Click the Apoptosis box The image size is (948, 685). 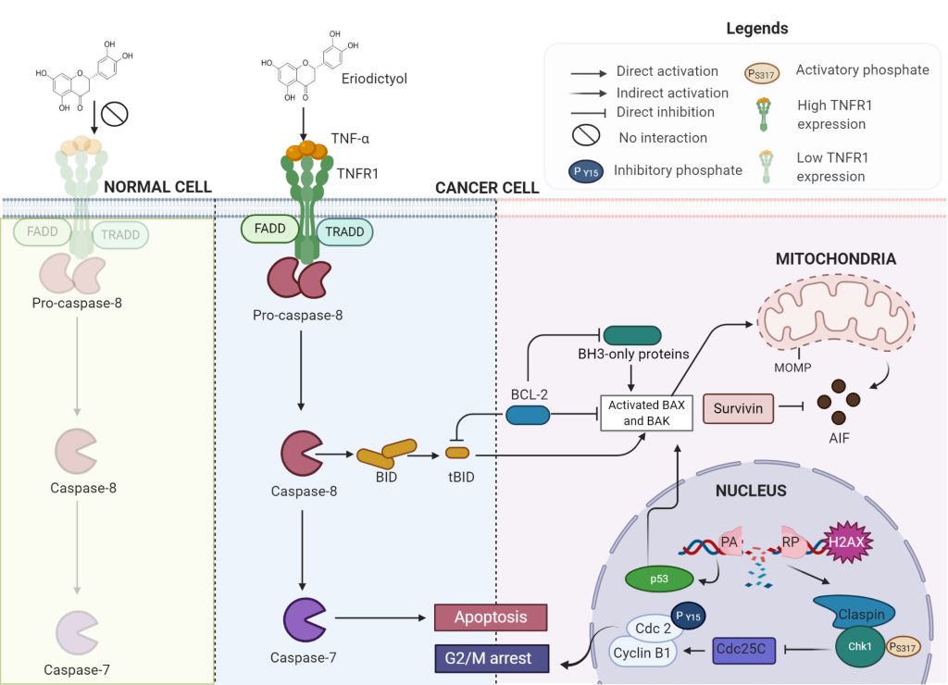point(490,617)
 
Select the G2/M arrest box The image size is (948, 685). point(490,659)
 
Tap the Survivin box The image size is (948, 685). point(739,407)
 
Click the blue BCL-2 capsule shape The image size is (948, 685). point(529,415)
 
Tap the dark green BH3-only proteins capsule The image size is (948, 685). point(631,336)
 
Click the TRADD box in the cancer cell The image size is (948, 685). point(344,232)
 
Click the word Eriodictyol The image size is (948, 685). point(374,79)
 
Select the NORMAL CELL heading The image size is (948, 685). point(157,187)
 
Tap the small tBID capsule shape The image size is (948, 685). point(458,453)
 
